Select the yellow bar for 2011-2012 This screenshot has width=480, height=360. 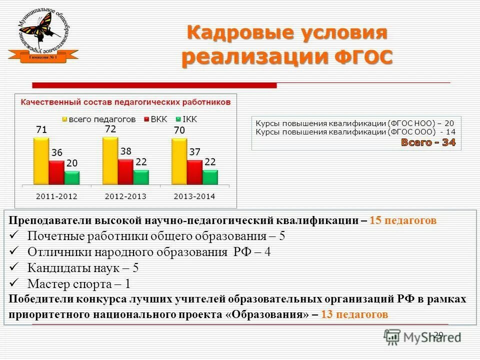41,161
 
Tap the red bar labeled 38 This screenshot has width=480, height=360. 125,172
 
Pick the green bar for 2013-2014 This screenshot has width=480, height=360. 210,177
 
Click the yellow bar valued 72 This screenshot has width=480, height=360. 110,160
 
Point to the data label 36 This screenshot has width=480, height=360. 57,152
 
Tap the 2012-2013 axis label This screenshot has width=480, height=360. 125,196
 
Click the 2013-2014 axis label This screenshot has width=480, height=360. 194,196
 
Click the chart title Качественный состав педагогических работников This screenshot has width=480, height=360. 125,102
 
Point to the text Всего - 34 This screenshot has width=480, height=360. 428,142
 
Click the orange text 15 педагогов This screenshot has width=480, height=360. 403,220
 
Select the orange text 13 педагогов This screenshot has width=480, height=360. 354,314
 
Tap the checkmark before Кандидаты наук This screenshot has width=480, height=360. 15,267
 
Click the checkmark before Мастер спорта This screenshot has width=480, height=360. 15,283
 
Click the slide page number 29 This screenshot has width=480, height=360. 438,334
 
